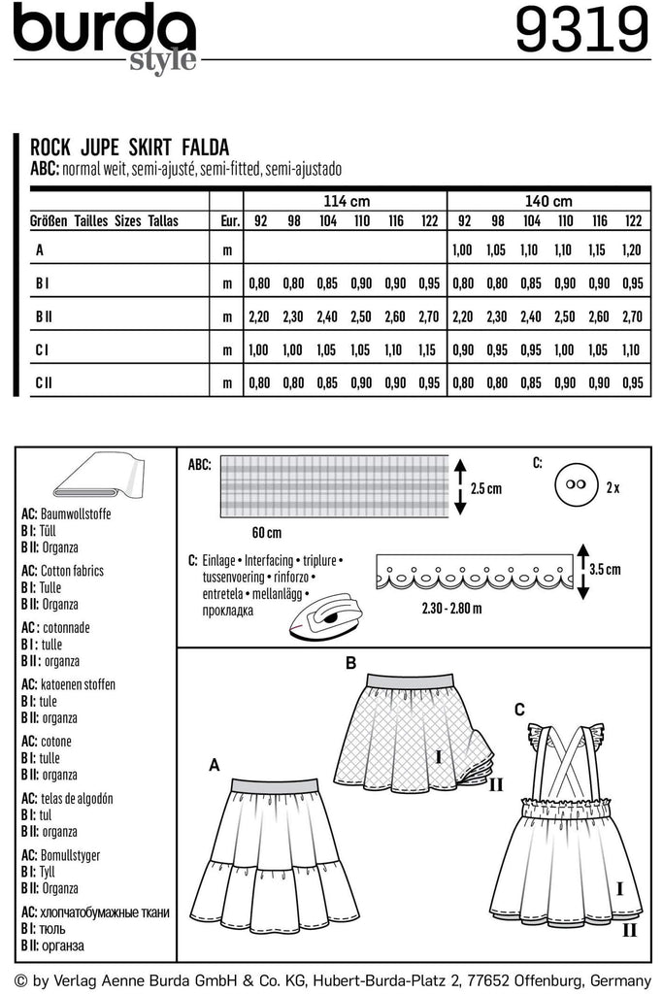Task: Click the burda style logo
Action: click(x=105, y=37)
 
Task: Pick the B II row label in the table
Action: click(x=44, y=316)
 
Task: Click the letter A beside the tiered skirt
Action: click(x=214, y=766)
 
